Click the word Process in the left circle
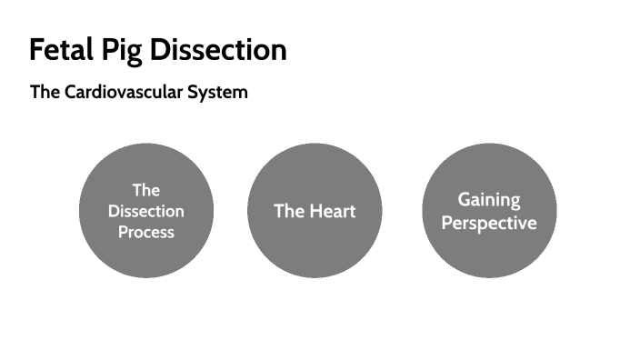pos(146,232)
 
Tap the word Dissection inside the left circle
pos(146,211)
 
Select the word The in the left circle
pos(146,190)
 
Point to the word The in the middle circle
pos(287,211)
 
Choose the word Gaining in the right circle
pos(489,199)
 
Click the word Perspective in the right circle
pos(489,223)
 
